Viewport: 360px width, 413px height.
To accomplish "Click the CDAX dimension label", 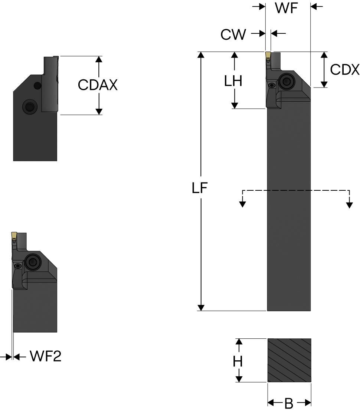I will coord(98,85).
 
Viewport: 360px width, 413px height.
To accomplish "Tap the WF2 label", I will coord(45,356).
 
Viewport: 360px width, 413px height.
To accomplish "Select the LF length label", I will coord(200,188).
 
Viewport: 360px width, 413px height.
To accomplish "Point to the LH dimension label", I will coord(233,81).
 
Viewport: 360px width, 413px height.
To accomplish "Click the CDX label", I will coord(344,70).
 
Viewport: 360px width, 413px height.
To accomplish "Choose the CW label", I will coord(233,35).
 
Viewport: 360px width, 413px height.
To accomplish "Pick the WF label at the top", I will coord(287,8).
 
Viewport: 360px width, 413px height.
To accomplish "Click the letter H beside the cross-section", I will coord(238,361).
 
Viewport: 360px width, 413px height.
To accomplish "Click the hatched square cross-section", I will coord(289,360).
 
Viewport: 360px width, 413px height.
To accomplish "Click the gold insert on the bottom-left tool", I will coord(14,235).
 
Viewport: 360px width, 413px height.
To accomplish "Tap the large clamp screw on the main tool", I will coord(286,80).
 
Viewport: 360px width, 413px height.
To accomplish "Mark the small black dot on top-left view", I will coord(37,86).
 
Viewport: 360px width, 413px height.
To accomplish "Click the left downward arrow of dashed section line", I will coord(242,204).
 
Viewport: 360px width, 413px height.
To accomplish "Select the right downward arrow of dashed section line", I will coord(349,204).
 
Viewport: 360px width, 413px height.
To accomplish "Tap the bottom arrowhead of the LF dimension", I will coord(201,308).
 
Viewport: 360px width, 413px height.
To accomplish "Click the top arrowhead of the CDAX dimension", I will coord(99,59).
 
